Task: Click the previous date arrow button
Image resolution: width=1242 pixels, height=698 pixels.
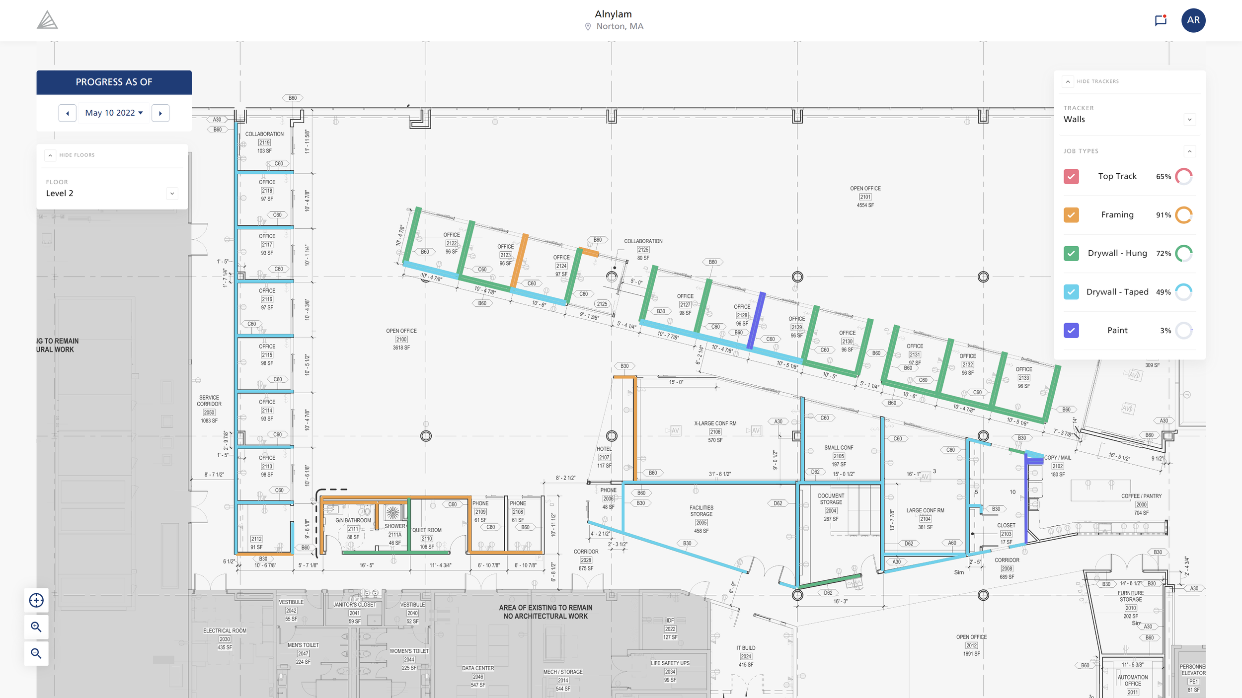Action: tap(68, 113)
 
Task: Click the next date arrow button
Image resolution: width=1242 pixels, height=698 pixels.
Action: tap(160, 113)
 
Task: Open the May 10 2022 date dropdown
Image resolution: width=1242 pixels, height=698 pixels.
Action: tap(114, 113)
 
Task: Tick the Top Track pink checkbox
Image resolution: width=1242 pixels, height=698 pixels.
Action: tap(1071, 176)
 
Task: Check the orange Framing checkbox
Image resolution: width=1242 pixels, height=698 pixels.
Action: tap(1071, 215)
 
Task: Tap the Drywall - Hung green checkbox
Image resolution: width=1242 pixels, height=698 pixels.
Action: tap(1071, 253)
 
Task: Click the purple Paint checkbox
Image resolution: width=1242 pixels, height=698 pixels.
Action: tap(1071, 330)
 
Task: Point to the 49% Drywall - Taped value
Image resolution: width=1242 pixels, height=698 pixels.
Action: tap(1163, 292)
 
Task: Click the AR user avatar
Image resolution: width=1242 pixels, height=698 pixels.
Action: tap(1193, 20)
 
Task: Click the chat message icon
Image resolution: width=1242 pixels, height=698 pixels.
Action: tap(1161, 20)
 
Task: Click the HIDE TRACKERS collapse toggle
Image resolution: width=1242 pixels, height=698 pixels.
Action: tap(1068, 81)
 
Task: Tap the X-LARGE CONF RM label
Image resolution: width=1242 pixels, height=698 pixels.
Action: tap(715, 423)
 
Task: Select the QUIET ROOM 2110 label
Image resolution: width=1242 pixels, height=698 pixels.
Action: tap(426, 530)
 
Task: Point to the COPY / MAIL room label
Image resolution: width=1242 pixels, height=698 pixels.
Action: tap(1057, 458)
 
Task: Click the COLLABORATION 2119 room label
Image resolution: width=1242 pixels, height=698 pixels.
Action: tap(264, 134)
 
